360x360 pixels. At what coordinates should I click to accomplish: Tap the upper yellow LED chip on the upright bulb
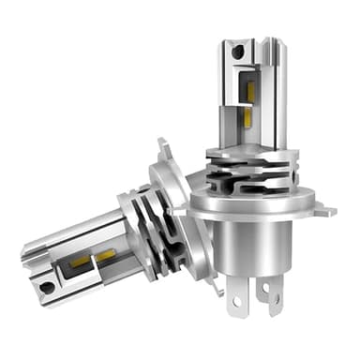250,92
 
